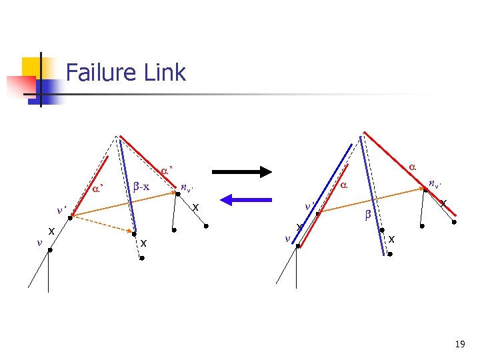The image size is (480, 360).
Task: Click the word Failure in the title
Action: [99, 72]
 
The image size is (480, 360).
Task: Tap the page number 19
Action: [459, 344]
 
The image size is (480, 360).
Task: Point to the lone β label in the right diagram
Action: [367, 215]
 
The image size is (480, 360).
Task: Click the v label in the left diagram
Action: [39, 242]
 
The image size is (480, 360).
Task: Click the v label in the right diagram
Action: [287, 238]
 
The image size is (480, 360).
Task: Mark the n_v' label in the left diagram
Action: [189, 188]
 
